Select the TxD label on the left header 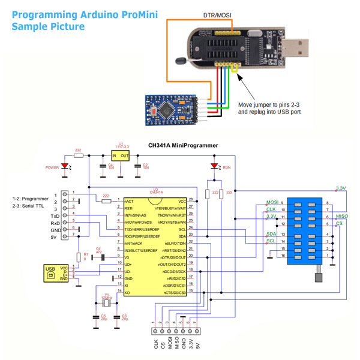tap(55, 214)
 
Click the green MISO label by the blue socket tap(342, 215)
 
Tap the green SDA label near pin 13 tap(271, 233)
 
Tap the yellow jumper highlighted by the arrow tap(233, 77)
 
